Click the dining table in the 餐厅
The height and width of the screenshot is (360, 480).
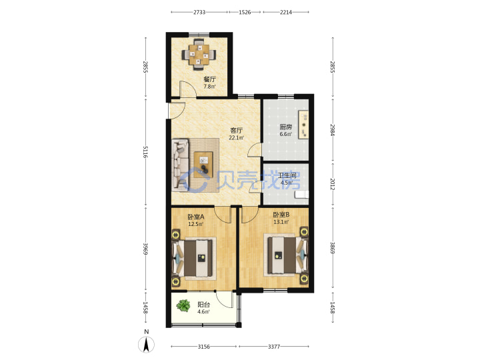199,55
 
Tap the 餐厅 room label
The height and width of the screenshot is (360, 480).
210,79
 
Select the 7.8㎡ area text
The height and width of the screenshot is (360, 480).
210,86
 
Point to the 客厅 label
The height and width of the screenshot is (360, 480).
236,131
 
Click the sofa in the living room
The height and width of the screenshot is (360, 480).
180,165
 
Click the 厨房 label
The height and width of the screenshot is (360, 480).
285,127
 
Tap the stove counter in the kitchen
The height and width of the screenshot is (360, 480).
303,125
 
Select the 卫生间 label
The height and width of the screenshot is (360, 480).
287,176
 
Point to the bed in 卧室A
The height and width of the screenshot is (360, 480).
193,259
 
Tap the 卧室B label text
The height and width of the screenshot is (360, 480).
281,215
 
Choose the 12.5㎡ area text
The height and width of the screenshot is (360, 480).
196,224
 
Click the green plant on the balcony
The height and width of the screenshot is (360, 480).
183,305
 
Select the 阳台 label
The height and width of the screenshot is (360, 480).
203,305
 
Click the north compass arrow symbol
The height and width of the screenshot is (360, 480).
146,345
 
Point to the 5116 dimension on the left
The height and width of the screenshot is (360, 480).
145,152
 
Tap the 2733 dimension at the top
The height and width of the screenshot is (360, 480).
199,12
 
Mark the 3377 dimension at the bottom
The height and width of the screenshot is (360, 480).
274,347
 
